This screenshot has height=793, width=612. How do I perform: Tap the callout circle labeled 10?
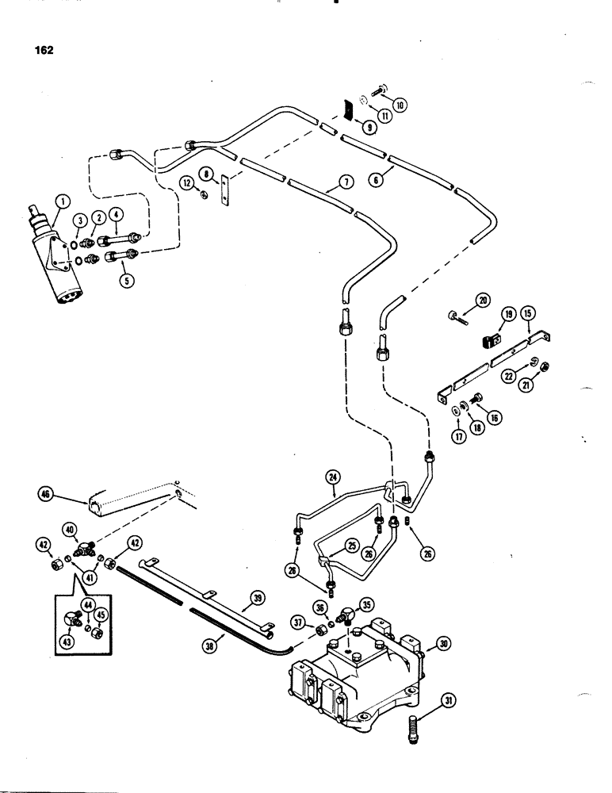398,103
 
